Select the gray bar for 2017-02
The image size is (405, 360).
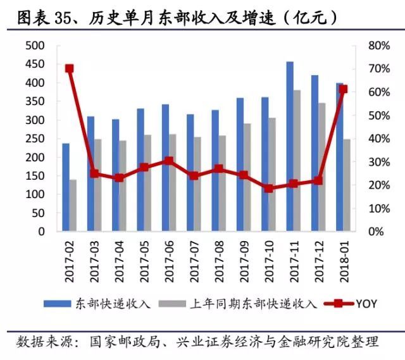[x=73, y=206]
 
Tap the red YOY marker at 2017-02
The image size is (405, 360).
[x=70, y=68]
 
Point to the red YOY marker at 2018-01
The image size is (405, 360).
[x=343, y=89]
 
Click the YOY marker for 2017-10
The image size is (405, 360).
[x=269, y=188]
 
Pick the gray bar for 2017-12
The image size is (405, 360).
[x=322, y=167]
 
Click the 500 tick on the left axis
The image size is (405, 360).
[x=36, y=46]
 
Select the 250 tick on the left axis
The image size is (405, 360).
[x=36, y=139]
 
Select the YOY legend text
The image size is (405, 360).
[x=366, y=304]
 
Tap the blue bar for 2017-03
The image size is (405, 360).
[x=90, y=174]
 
